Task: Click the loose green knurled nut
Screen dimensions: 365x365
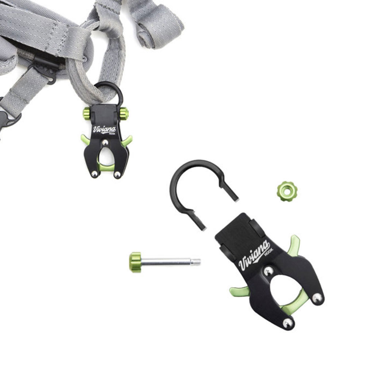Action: [287, 191]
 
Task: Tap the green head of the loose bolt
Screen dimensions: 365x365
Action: [135, 262]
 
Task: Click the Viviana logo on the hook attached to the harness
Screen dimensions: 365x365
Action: [104, 130]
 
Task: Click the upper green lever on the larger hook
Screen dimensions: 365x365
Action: [294, 246]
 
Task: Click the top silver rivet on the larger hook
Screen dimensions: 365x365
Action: [269, 271]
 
